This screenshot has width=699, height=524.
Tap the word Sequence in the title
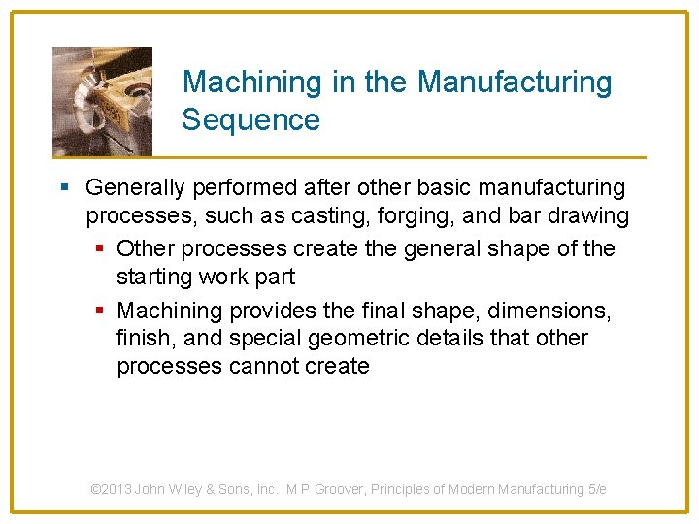tap(250, 120)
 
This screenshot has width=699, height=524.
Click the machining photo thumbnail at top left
tap(102, 101)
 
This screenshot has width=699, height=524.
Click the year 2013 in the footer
tap(116, 489)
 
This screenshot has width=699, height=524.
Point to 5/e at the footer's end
tap(597, 489)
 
